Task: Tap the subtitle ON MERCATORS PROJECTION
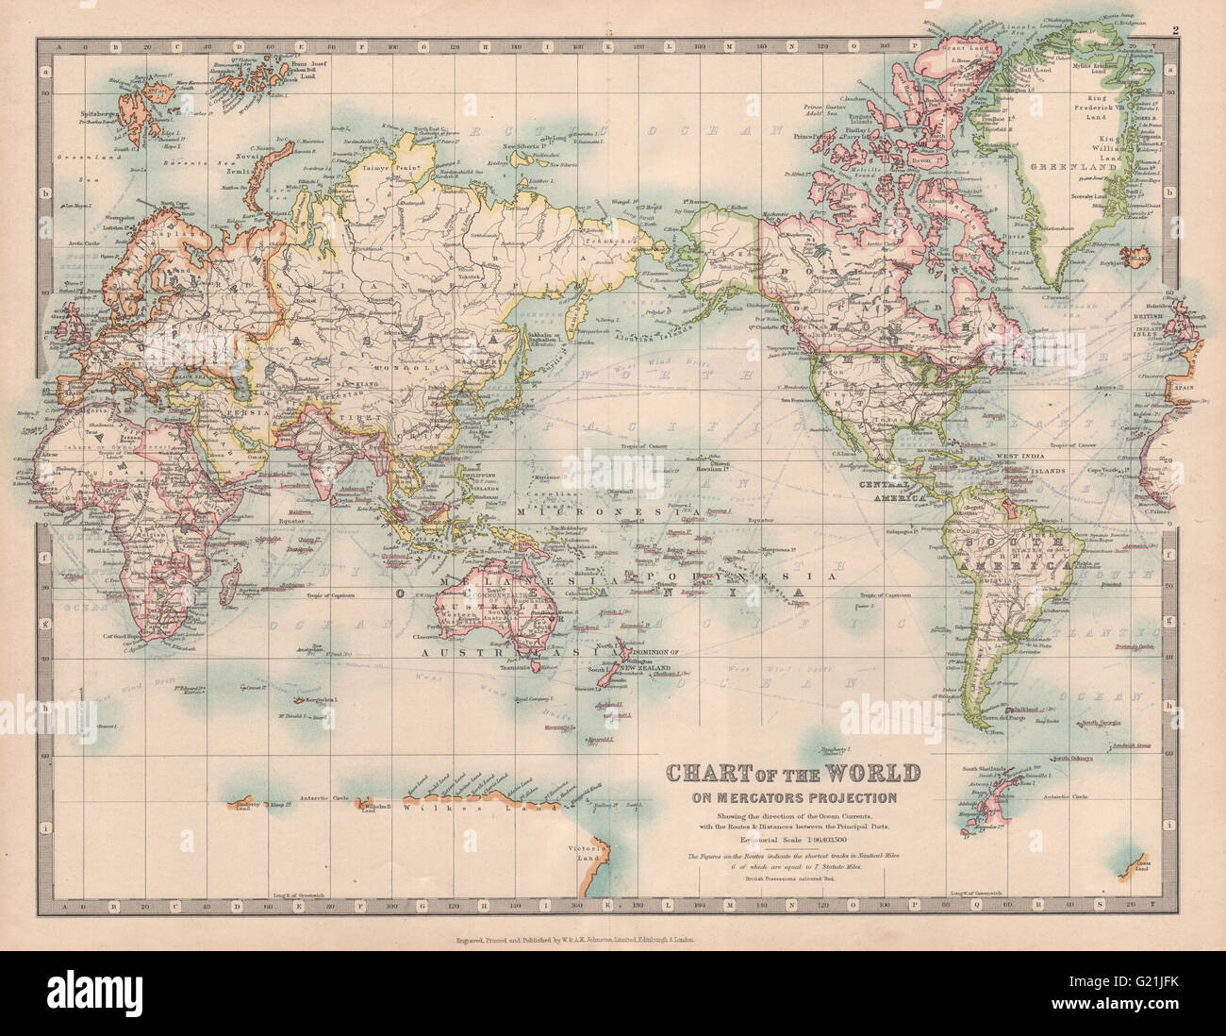point(794,796)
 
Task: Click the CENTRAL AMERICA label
point(889,491)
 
